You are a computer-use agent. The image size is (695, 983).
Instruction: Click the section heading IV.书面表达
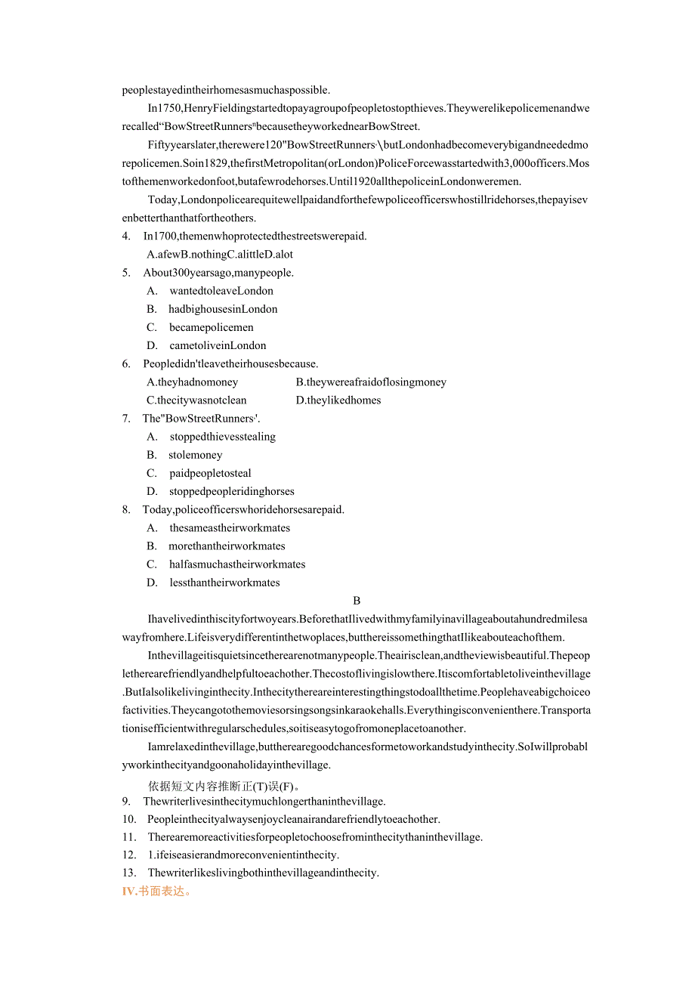click(157, 891)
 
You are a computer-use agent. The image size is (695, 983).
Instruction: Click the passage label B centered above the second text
click(357, 601)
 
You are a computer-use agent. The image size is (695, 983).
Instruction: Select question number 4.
click(126, 236)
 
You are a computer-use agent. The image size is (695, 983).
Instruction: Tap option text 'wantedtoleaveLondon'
click(221, 291)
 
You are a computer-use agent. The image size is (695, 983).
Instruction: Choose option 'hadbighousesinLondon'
click(223, 309)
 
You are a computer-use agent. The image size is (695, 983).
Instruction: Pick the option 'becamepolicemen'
click(212, 327)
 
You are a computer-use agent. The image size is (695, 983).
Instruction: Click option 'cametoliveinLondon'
click(218, 345)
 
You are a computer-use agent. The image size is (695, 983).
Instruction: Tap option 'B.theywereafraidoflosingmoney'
click(371, 382)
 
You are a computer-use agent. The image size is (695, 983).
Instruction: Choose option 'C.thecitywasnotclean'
click(196, 400)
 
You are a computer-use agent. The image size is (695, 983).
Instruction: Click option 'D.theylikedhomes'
click(338, 400)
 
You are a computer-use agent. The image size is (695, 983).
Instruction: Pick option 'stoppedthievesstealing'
click(223, 437)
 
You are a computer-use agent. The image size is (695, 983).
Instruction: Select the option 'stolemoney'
click(196, 455)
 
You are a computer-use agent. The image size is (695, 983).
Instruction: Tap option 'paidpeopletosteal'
click(211, 473)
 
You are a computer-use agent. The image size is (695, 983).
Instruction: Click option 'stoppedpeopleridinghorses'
click(232, 491)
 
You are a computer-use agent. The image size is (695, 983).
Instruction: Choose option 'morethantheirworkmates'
click(227, 546)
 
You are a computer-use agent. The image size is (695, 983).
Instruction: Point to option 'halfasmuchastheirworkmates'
click(237, 564)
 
